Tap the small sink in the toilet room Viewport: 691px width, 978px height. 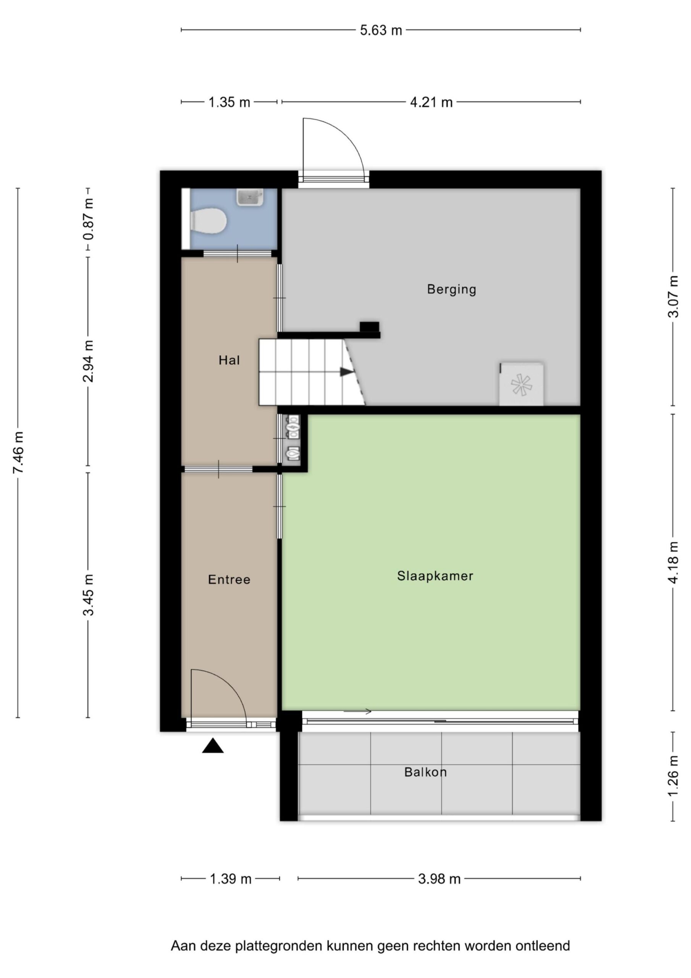tap(250, 197)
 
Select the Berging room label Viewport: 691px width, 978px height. tap(451, 290)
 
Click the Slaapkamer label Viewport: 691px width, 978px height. tap(435, 576)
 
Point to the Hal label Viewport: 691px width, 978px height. tap(229, 360)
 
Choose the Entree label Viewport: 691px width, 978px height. tap(229, 579)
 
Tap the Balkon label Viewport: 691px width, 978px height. tap(425, 772)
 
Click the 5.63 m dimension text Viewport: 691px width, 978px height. tap(381, 30)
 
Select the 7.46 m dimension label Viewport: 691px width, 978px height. tap(18, 452)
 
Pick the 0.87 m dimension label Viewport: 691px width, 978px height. tap(88, 225)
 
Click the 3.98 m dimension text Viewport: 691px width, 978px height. tap(439, 879)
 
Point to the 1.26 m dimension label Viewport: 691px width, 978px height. tap(673, 775)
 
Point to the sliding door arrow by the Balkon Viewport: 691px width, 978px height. tap(357, 711)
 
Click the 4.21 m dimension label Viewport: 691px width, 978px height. tap(431, 102)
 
